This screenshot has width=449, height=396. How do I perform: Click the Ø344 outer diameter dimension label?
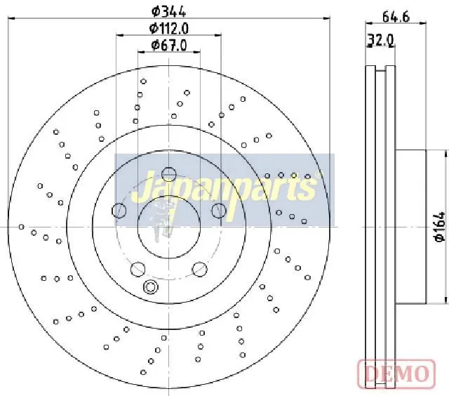[x=168, y=12]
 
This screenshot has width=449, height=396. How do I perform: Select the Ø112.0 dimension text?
[x=169, y=28]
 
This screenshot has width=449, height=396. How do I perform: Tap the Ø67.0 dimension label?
[x=169, y=45]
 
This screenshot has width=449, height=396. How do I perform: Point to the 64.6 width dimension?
[x=396, y=17]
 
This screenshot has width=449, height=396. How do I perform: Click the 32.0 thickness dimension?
[x=381, y=40]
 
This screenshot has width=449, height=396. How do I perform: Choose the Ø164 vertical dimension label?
[x=440, y=226]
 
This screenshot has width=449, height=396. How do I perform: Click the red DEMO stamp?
[x=396, y=374]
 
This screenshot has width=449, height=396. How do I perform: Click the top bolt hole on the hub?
[x=168, y=173]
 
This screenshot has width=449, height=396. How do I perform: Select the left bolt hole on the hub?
[x=119, y=211]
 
